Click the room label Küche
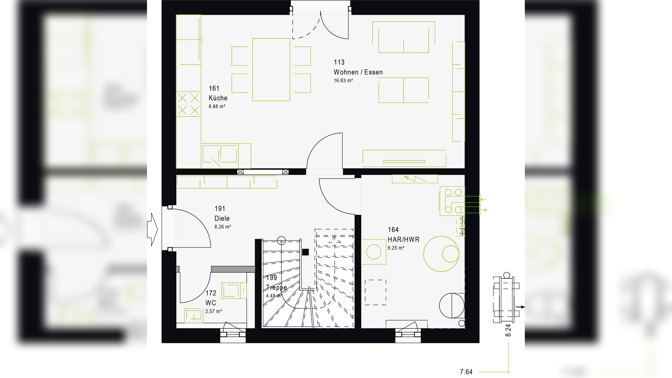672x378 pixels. (218, 98)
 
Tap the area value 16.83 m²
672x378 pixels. (343, 81)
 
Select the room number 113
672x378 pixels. (339, 62)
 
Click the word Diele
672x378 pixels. (222, 218)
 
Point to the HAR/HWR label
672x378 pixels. (403, 239)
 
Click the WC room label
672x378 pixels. (211, 303)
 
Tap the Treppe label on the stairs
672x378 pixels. (276, 288)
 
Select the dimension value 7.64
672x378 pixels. (466, 372)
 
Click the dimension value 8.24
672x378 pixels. (508, 330)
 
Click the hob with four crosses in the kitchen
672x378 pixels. (188, 104)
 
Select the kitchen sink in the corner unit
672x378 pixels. (220, 154)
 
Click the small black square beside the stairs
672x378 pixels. (305, 252)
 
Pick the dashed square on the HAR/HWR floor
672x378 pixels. (375, 292)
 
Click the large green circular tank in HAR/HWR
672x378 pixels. (441, 254)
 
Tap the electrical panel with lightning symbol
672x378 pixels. (415, 179)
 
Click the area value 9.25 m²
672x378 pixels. (396, 248)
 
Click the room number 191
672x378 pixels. (220, 209)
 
